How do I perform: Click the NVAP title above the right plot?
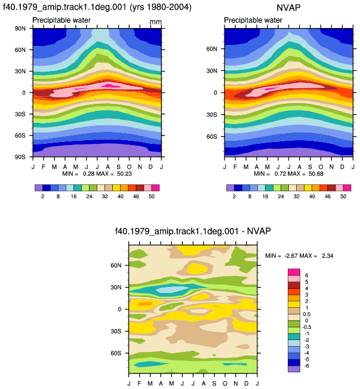click(x=288, y=8)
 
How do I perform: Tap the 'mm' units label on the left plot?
click(x=155, y=22)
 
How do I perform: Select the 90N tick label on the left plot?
click(x=20, y=29)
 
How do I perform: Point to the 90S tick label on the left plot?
click(x=20, y=157)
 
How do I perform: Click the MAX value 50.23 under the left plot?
click(x=124, y=174)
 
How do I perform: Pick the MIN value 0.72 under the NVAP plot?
click(x=280, y=174)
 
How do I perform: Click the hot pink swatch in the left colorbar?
click(x=155, y=188)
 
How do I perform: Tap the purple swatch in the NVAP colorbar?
click(x=230, y=188)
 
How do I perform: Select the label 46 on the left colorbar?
click(x=136, y=196)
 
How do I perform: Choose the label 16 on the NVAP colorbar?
click(x=265, y=196)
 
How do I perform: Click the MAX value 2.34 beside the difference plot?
click(x=327, y=256)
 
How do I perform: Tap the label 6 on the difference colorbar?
click(x=307, y=276)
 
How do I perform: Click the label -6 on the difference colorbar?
click(x=307, y=366)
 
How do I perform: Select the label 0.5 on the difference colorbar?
click(x=307, y=314)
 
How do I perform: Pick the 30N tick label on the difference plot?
click(x=116, y=288)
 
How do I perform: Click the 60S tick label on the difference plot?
click(x=116, y=353)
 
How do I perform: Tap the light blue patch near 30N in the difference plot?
click(x=172, y=289)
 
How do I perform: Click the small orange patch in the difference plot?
click(x=144, y=304)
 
